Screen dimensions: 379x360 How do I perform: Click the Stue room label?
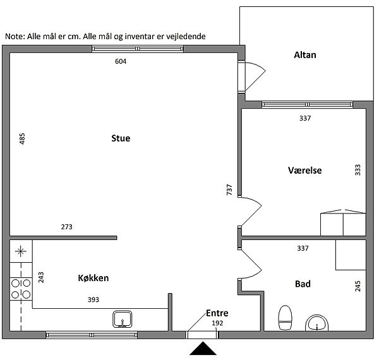[121, 138]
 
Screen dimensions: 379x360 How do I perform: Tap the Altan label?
[305, 55]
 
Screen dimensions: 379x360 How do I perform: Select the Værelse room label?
[304, 171]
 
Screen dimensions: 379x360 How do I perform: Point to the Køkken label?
[93, 278]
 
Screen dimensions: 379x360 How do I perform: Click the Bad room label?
[303, 284]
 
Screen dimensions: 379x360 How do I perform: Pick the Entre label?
[217, 313]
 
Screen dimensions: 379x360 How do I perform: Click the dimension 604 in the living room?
[121, 61]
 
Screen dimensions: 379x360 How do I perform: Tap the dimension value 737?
[229, 189]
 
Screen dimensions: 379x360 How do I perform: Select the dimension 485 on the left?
[22, 139]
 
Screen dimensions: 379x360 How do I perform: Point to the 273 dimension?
[66, 227]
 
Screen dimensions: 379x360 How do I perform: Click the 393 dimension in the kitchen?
[93, 299]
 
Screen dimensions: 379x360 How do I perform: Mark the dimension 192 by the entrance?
[217, 323]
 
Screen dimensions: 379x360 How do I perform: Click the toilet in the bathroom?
[286, 317]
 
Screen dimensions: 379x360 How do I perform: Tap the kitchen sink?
[123, 319]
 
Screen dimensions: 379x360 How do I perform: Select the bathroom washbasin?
[317, 323]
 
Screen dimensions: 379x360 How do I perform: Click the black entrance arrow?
[203, 349]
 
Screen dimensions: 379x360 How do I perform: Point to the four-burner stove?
[21, 289]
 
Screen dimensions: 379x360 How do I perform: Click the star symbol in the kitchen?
[21, 251]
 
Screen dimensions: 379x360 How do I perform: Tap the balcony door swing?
[255, 75]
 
